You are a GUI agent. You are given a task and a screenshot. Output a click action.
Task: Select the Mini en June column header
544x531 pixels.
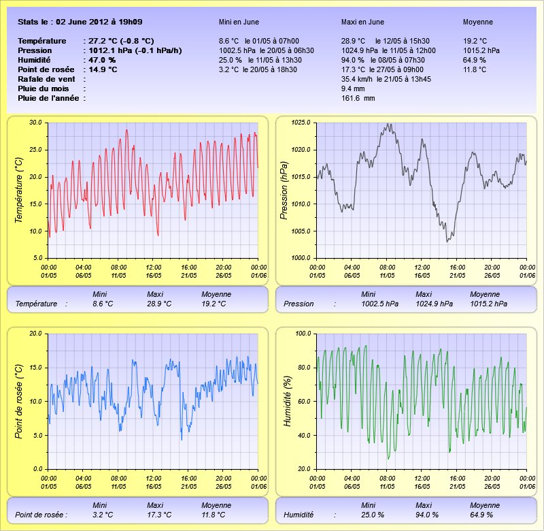tap(239, 22)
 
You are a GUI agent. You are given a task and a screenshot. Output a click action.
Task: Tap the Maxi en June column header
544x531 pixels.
tap(362, 22)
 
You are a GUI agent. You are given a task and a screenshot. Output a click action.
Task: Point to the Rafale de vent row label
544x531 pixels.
tap(46, 79)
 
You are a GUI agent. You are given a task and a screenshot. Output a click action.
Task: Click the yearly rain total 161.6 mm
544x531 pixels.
tap(358, 98)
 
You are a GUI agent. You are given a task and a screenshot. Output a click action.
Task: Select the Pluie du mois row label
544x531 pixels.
tap(44, 88)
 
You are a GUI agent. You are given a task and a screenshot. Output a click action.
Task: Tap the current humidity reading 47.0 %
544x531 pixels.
tap(102, 60)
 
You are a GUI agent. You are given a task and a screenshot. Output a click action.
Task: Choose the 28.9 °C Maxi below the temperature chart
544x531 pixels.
tap(159, 304)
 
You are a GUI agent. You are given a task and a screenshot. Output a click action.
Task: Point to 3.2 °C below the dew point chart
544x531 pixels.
tap(103, 515)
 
